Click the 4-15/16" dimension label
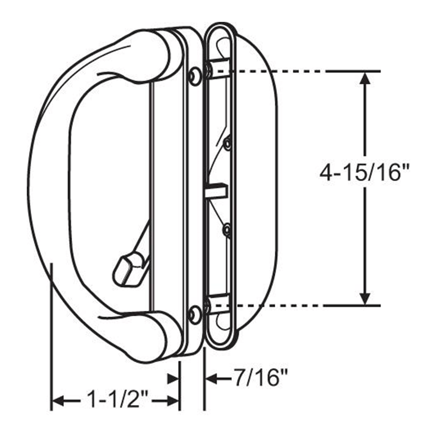364,175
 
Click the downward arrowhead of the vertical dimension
365,298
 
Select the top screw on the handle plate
194,76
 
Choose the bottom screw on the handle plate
194,314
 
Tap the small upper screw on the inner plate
227,144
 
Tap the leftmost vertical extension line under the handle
51,339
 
